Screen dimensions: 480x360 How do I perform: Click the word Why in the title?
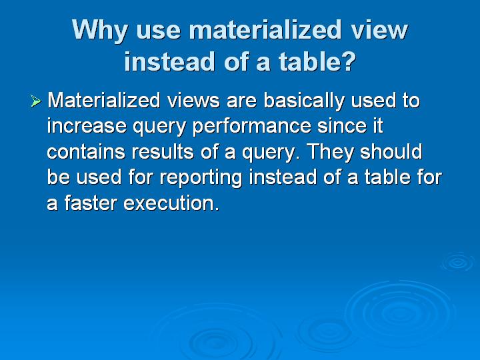(x=99, y=31)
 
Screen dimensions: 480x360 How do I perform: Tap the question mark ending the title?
(x=347, y=61)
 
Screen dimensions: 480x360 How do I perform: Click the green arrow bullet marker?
(x=36, y=101)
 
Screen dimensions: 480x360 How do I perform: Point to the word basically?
(x=304, y=101)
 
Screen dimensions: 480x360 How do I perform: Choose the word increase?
(x=87, y=126)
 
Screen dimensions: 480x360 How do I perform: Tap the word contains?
(x=86, y=152)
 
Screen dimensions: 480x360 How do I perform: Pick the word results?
(x=163, y=151)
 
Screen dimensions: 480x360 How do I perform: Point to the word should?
(x=391, y=151)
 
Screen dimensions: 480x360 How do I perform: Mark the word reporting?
(x=201, y=178)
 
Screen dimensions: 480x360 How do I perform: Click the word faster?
(x=91, y=203)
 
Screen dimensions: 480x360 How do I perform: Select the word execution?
(x=171, y=203)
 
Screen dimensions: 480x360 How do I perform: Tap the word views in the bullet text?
(x=193, y=101)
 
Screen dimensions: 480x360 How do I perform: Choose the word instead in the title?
(x=169, y=61)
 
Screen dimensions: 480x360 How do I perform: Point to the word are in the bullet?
(x=242, y=103)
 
